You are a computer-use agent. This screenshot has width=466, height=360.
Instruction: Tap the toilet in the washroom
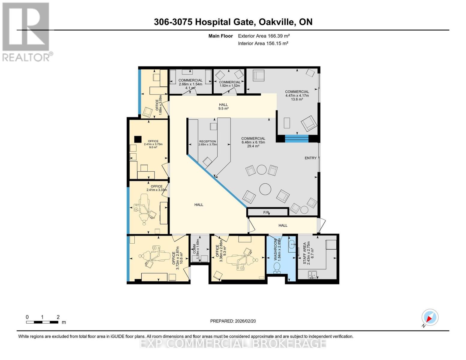click(277, 268)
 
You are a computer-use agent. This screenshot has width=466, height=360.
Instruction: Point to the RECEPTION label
click(208, 142)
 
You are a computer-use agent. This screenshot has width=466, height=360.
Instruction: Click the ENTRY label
click(311, 158)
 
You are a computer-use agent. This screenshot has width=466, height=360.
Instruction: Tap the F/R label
click(266, 212)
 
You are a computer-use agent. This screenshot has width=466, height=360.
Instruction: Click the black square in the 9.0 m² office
click(138, 139)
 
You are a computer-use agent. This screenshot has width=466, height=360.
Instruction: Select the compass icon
click(430, 317)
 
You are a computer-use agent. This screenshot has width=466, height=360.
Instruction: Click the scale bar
click(42, 322)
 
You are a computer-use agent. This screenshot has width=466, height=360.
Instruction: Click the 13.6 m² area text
click(297, 99)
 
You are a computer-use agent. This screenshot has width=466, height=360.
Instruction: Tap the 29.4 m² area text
click(253, 146)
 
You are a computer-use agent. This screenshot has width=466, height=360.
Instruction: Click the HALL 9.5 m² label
click(224, 106)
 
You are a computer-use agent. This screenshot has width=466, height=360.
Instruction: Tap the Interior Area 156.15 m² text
click(263, 43)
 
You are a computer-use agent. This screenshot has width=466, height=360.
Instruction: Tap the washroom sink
click(292, 244)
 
